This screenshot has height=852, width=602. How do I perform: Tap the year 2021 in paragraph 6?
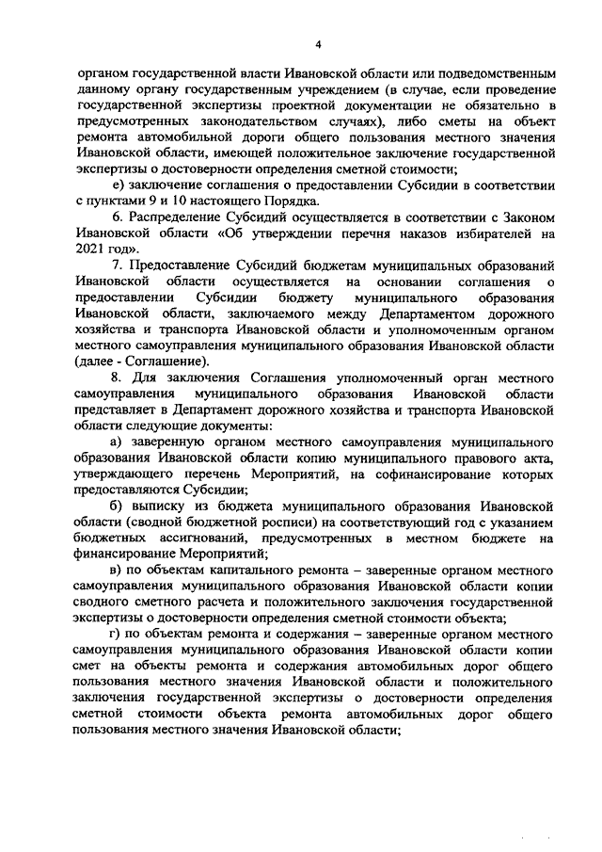(91, 248)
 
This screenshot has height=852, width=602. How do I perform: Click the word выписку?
(162, 506)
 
